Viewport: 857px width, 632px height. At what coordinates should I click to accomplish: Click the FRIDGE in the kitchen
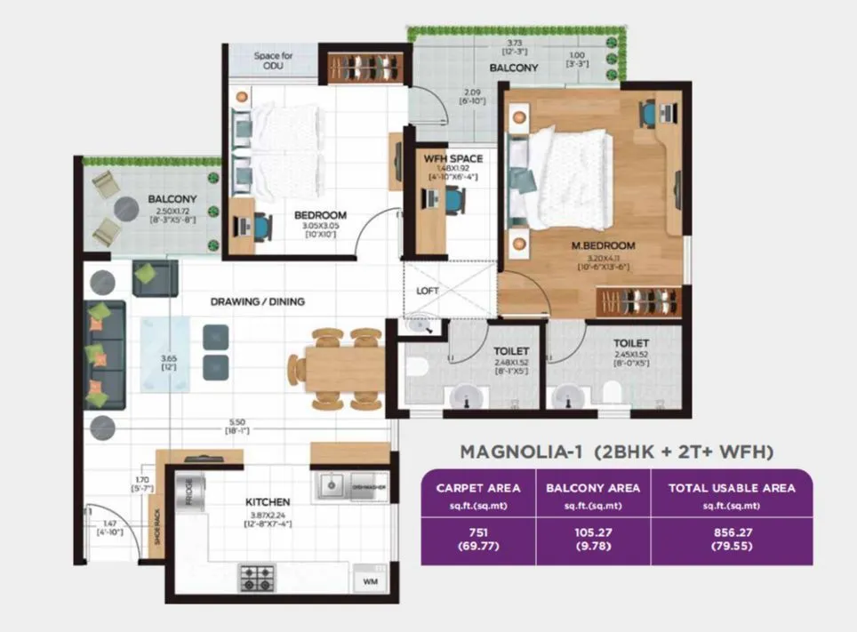[x=189, y=492]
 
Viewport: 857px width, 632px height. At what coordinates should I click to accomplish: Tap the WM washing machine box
[x=369, y=580]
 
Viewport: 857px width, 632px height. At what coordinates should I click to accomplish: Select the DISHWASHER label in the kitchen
[x=368, y=486]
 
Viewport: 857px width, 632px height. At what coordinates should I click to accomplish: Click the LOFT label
[x=428, y=291]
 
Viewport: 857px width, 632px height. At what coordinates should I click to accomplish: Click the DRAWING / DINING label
[x=257, y=301]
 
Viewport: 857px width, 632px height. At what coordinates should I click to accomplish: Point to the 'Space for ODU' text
[x=273, y=60]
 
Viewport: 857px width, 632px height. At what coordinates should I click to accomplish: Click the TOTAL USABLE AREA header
[x=731, y=488]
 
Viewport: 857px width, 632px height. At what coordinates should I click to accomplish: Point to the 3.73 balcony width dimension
[x=514, y=44]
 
